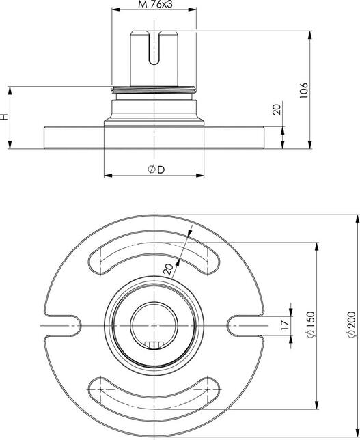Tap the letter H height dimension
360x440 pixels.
[x=5, y=117]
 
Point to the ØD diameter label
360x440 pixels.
[x=155, y=169]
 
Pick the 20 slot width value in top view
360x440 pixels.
[x=170, y=268]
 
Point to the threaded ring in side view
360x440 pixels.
[x=155, y=89]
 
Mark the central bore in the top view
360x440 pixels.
[x=155, y=320]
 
